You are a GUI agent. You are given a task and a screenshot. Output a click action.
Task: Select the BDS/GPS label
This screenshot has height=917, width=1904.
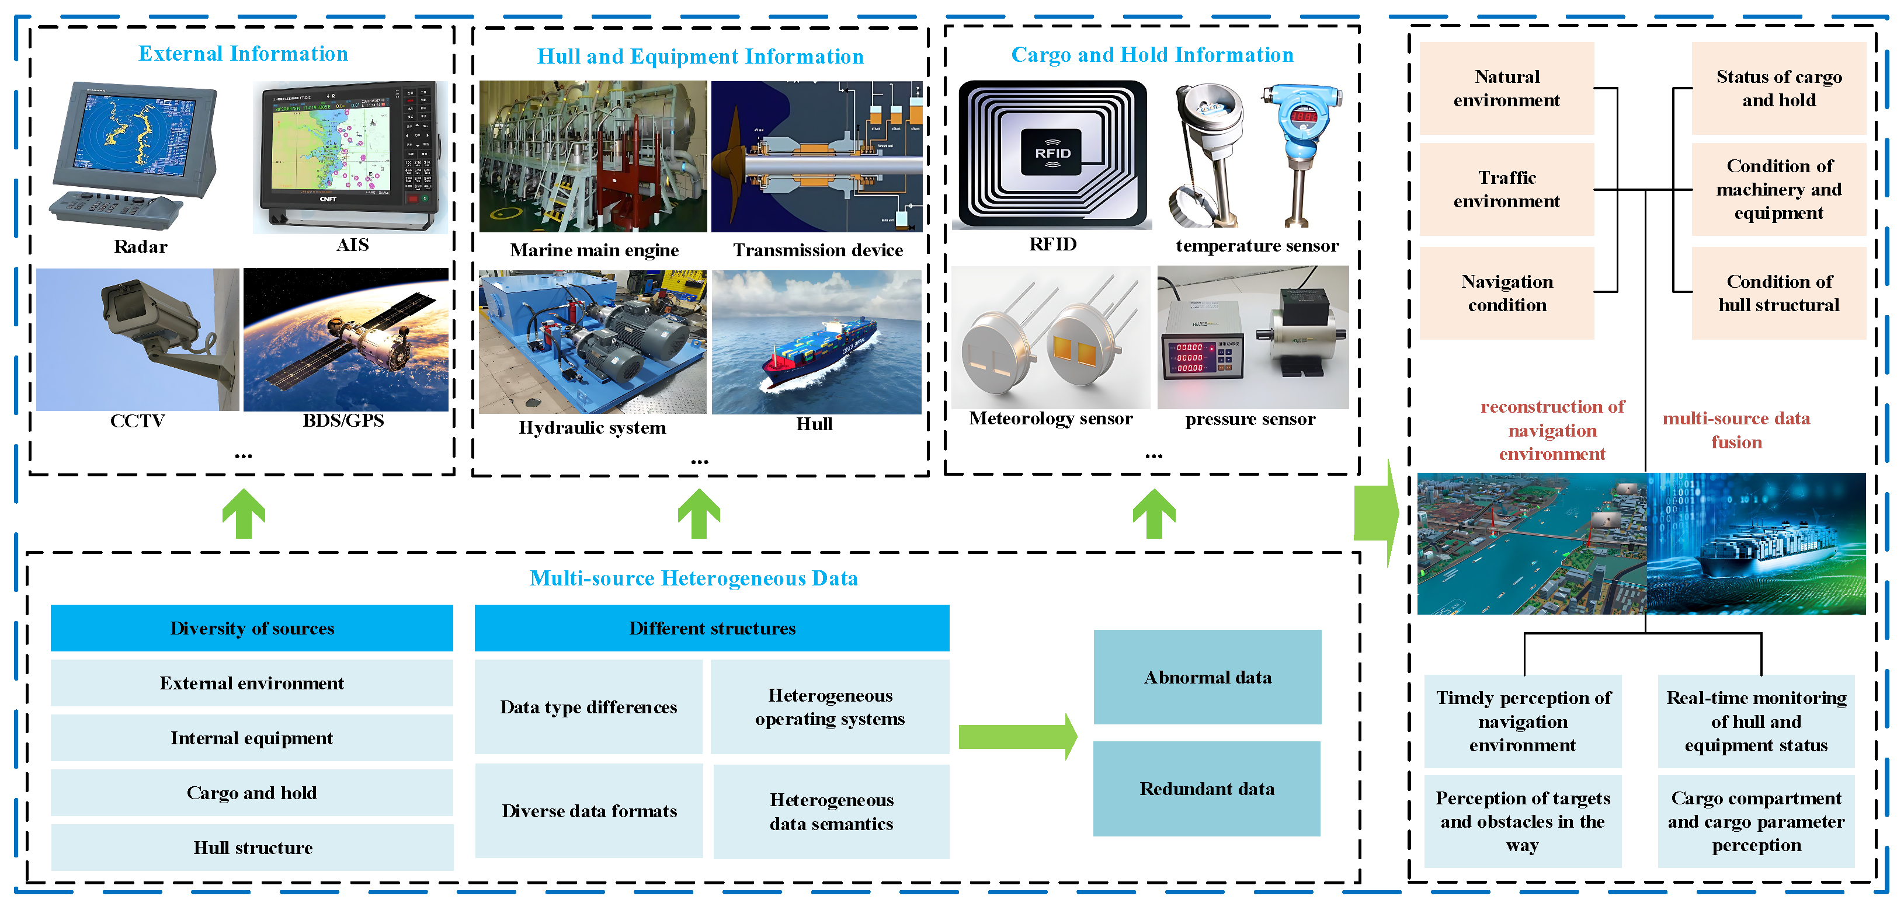[x=343, y=420]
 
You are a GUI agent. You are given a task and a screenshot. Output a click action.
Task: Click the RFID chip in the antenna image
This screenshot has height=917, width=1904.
[x=1052, y=152]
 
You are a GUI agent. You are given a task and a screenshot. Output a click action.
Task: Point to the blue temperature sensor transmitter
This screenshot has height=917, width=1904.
[x=1301, y=148]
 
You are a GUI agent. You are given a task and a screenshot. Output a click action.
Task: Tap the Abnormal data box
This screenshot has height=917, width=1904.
[x=1207, y=677]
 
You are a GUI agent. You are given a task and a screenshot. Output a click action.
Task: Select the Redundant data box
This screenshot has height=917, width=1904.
[x=1207, y=789]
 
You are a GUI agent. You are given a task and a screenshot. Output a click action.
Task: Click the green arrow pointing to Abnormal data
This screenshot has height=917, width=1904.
[x=1017, y=736]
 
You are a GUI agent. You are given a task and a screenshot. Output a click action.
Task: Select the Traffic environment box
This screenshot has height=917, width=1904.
[x=1506, y=189]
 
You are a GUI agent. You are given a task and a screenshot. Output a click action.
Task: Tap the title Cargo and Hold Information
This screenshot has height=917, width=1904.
[x=1152, y=55]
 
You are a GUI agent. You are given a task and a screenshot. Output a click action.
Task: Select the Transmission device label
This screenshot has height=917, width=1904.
[x=818, y=250]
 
